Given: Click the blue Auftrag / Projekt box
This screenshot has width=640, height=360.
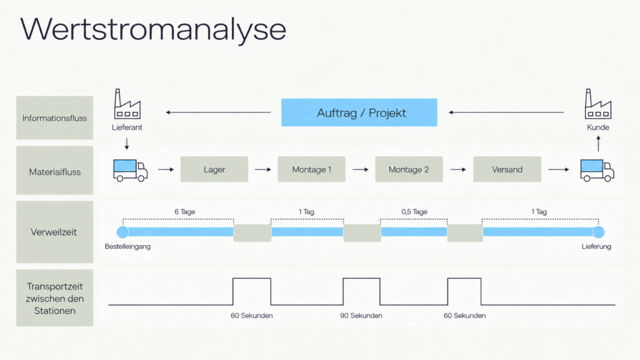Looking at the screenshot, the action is (359, 112).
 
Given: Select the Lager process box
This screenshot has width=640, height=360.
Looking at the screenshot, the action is (214, 169).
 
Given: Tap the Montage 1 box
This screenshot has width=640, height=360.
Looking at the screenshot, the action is (311, 169).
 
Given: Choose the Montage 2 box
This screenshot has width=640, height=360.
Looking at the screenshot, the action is (409, 169).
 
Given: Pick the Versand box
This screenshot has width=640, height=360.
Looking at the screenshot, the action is (507, 169).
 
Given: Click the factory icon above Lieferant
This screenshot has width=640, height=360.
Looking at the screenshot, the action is (127, 104).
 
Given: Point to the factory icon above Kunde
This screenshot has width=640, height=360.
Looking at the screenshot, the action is (598, 104).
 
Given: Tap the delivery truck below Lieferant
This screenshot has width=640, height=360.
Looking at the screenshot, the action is (130, 170).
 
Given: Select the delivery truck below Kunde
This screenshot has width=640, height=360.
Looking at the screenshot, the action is (597, 170).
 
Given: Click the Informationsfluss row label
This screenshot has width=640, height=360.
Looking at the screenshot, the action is (55, 118).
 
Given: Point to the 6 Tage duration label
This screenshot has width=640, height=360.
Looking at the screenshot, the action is (185, 212).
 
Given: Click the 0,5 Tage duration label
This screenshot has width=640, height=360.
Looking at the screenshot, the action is (414, 212).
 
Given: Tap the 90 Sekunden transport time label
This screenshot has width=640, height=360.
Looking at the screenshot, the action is (361, 316).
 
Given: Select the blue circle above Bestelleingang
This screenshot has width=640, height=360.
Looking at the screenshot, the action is (122, 232).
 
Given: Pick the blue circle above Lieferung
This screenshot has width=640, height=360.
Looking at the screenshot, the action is (598, 232).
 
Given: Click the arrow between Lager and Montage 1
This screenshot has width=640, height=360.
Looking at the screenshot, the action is (263, 169).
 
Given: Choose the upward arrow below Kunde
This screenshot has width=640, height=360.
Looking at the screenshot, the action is (598, 144).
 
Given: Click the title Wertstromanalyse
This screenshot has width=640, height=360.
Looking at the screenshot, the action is (153, 29).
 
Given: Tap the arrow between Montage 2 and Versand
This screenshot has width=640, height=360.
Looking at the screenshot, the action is (458, 169).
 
